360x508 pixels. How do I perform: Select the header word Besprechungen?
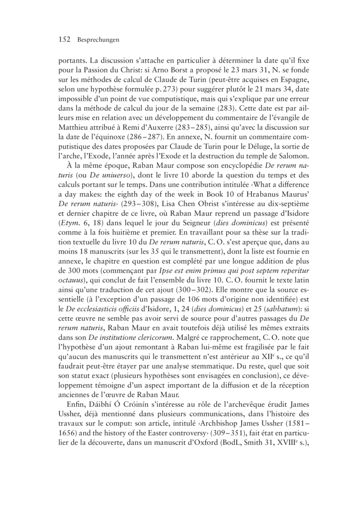(x=98, y=40)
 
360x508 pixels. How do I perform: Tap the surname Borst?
(x=206, y=70)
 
